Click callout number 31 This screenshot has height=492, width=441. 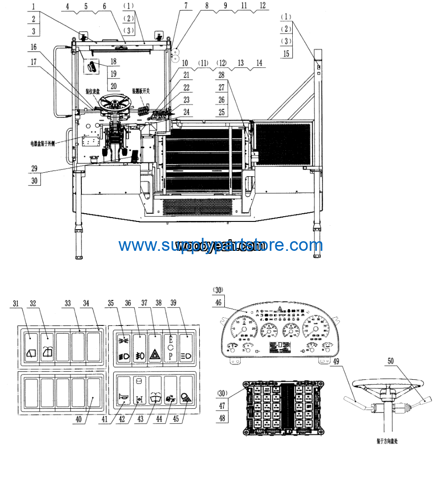tap(16, 303)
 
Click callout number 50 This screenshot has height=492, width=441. tap(390, 361)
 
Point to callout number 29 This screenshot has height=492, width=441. tap(34, 169)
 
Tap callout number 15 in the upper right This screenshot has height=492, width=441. tap(286, 53)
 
